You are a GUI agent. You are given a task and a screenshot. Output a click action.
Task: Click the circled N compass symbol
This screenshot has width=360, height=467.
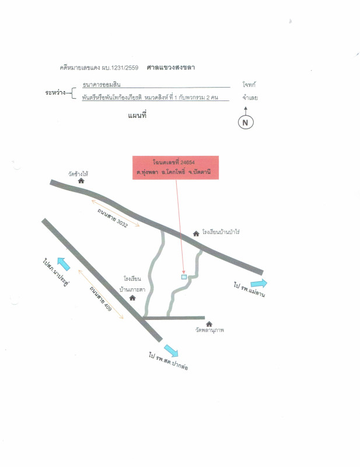click(x=246, y=122)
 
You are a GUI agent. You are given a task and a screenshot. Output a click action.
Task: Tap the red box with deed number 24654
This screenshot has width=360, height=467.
click(x=176, y=168)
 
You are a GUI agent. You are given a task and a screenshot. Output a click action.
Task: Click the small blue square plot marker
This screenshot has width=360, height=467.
click(x=184, y=277)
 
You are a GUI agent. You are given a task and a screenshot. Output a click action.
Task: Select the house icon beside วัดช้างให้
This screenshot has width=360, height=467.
click(x=81, y=181)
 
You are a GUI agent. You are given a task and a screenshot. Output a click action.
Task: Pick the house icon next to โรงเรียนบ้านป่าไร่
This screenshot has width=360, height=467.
click(x=196, y=234)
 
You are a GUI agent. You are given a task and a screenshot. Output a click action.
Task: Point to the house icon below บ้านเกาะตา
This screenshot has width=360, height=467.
click(x=132, y=298)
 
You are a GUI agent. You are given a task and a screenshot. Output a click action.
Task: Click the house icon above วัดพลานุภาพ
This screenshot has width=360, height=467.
click(x=209, y=324)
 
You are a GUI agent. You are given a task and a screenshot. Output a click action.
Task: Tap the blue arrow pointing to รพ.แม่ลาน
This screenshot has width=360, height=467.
click(x=258, y=283)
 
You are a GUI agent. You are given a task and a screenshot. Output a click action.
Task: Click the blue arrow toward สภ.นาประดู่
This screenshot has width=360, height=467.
click(x=64, y=264)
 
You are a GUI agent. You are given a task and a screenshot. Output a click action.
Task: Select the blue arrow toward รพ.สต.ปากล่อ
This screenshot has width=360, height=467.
click(x=171, y=351)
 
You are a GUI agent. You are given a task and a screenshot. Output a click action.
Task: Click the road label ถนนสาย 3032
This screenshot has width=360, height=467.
click(x=113, y=218)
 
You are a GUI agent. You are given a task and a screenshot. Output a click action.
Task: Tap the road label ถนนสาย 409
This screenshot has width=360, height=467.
click(x=100, y=298)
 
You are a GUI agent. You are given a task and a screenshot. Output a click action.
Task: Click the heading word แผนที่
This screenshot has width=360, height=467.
click(x=137, y=116)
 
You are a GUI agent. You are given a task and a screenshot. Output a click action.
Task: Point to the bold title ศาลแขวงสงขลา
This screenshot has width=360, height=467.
click(x=170, y=67)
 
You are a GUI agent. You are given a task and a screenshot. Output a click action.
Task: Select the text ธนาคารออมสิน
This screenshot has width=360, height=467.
click(x=102, y=85)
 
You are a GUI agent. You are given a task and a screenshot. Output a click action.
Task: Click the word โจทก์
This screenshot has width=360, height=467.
click(x=249, y=85)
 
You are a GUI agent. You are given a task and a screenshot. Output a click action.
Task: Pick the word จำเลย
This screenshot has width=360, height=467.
click(x=250, y=97)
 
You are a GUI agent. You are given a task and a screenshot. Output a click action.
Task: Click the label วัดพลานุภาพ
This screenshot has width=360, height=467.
click(x=209, y=330)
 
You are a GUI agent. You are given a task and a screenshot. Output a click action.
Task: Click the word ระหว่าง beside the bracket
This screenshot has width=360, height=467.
click(x=55, y=93)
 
